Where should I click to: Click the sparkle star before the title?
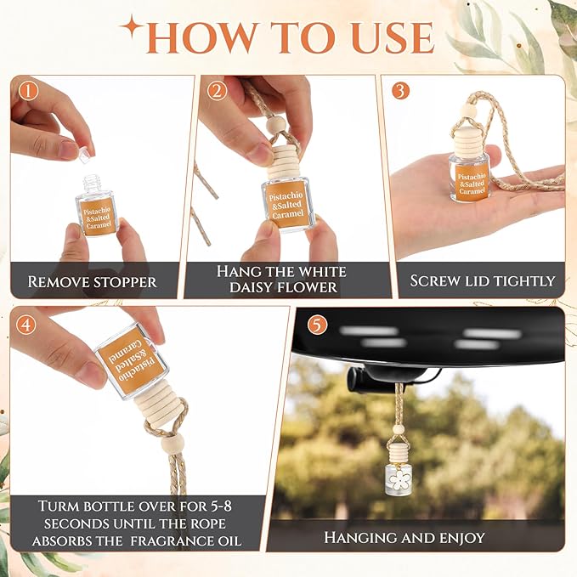pos(133,27)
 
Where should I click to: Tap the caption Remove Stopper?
pos(92,281)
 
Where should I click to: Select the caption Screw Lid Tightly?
pos(482,280)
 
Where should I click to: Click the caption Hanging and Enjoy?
pos(404,537)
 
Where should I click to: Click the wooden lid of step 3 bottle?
pos(468,140)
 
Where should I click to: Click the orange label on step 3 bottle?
pos(471,183)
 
